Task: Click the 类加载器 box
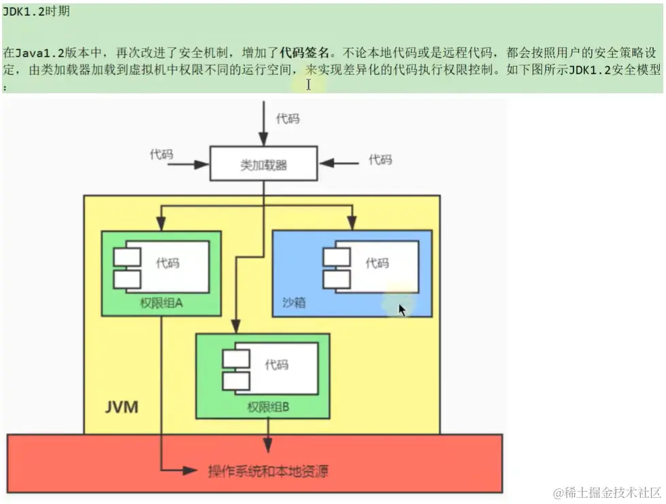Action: click(263, 164)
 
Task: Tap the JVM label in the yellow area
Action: click(122, 408)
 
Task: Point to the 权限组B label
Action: click(269, 407)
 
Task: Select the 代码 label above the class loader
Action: click(287, 119)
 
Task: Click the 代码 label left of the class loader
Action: click(161, 154)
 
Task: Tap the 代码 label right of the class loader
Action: click(380, 159)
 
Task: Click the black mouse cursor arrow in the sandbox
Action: click(402, 310)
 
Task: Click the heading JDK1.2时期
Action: click(35, 12)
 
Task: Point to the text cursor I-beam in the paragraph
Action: click(308, 84)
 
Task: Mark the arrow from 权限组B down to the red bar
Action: click(269, 436)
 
